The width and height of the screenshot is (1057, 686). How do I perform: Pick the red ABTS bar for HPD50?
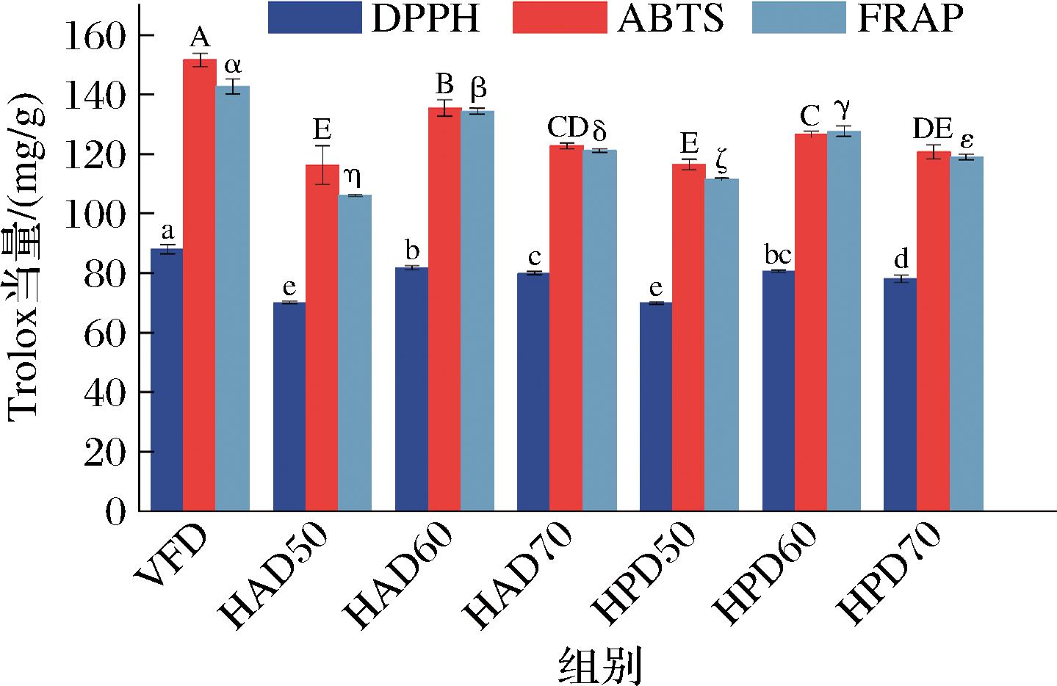[x=688, y=337]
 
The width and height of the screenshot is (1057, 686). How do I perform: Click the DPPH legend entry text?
[x=425, y=18]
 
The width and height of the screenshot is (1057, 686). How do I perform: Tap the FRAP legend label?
[x=910, y=18]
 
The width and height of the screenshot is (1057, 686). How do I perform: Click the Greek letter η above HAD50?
[x=352, y=177]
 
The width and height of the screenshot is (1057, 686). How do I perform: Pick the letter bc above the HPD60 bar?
[x=778, y=255]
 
